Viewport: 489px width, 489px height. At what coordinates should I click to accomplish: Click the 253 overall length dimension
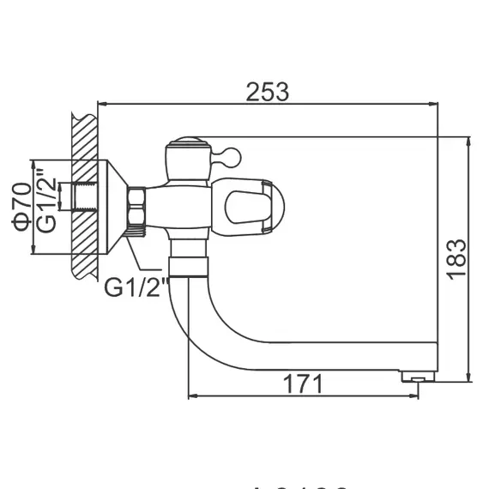[268, 90]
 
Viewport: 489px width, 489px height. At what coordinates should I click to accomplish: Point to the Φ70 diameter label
[23, 207]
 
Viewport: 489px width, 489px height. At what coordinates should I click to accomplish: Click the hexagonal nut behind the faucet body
[138, 209]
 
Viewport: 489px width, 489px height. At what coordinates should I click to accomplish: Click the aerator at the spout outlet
[418, 375]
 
